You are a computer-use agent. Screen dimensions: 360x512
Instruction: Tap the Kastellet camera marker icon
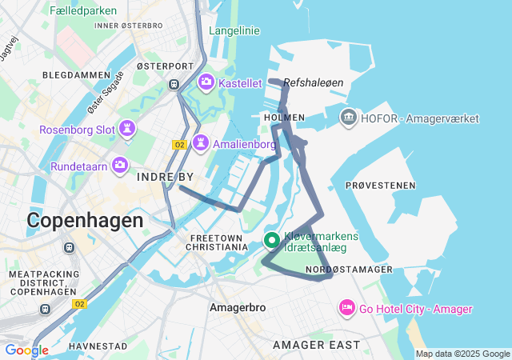pyautogui.click(x=206, y=82)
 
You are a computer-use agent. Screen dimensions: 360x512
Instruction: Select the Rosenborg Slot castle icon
pyautogui.click(x=127, y=129)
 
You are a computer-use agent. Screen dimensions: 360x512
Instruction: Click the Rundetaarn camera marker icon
pyautogui.click(x=120, y=166)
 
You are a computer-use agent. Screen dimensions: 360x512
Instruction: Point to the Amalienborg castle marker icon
pyautogui.click(x=200, y=143)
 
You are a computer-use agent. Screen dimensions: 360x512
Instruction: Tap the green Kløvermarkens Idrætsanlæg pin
pyautogui.click(x=271, y=240)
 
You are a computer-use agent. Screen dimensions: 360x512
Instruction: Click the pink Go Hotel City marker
pyautogui.click(x=347, y=308)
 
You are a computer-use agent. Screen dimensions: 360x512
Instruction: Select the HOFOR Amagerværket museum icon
pyautogui.click(x=349, y=118)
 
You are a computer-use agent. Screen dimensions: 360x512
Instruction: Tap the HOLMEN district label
pyautogui.click(x=284, y=118)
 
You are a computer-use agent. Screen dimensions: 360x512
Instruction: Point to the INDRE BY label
pyautogui.click(x=166, y=176)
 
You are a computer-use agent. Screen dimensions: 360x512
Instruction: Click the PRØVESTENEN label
pyautogui.click(x=381, y=186)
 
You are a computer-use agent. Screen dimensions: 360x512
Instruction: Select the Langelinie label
pyautogui.click(x=235, y=30)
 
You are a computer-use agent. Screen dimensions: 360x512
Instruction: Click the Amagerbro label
pyautogui.click(x=232, y=307)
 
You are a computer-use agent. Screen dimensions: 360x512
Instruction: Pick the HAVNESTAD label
pyautogui.click(x=98, y=346)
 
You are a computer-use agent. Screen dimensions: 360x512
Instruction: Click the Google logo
pyautogui.click(x=26, y=350)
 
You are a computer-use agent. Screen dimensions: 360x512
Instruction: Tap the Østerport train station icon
pyautogui.click(x=173, y=84)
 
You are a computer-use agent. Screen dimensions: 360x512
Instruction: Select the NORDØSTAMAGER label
pyautogui.click(x=350, y=270)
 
